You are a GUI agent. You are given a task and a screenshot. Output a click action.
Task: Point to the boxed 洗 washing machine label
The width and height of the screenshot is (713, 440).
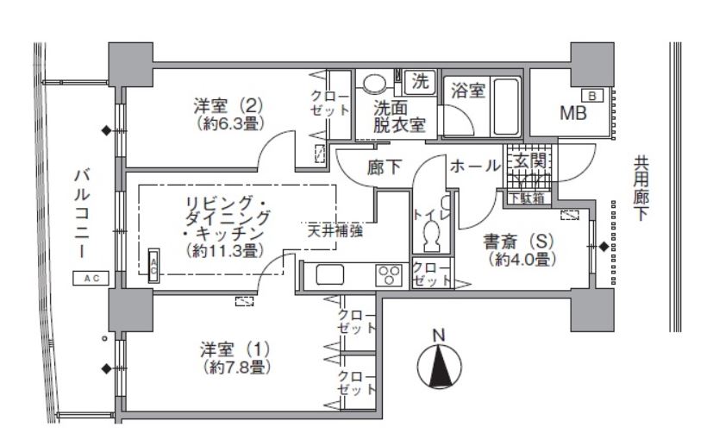coord(420,83)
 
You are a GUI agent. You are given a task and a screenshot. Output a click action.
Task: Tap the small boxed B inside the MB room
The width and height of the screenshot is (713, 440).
coord(593,95)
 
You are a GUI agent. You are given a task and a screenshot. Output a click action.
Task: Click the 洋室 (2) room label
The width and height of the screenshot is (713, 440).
coord(228,107)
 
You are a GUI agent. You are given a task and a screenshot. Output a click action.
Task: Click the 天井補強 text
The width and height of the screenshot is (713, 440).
coord(335,231)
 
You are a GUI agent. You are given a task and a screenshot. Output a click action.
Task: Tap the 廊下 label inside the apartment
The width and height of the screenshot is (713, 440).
coord(385,167)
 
